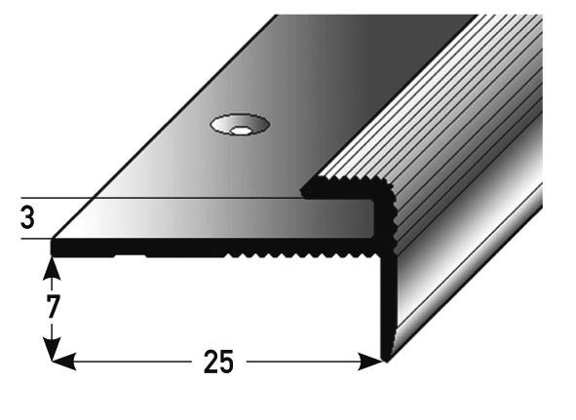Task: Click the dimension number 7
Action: [x=53, y=306]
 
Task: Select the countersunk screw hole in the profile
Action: [x=237, y=125]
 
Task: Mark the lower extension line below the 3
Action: [x=29, y=239]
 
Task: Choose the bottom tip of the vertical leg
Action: [x=387, y=356]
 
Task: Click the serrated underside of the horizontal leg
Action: [x=292, y=256]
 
